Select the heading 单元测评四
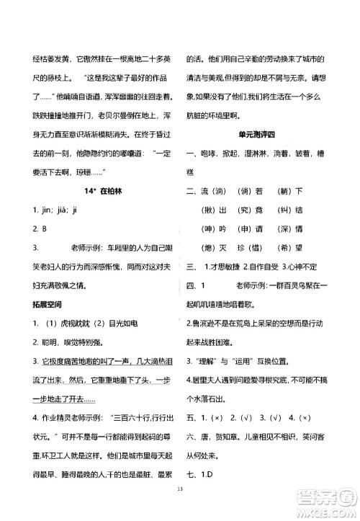(x=265, y=133)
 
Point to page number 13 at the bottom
(x=180, y=508)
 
